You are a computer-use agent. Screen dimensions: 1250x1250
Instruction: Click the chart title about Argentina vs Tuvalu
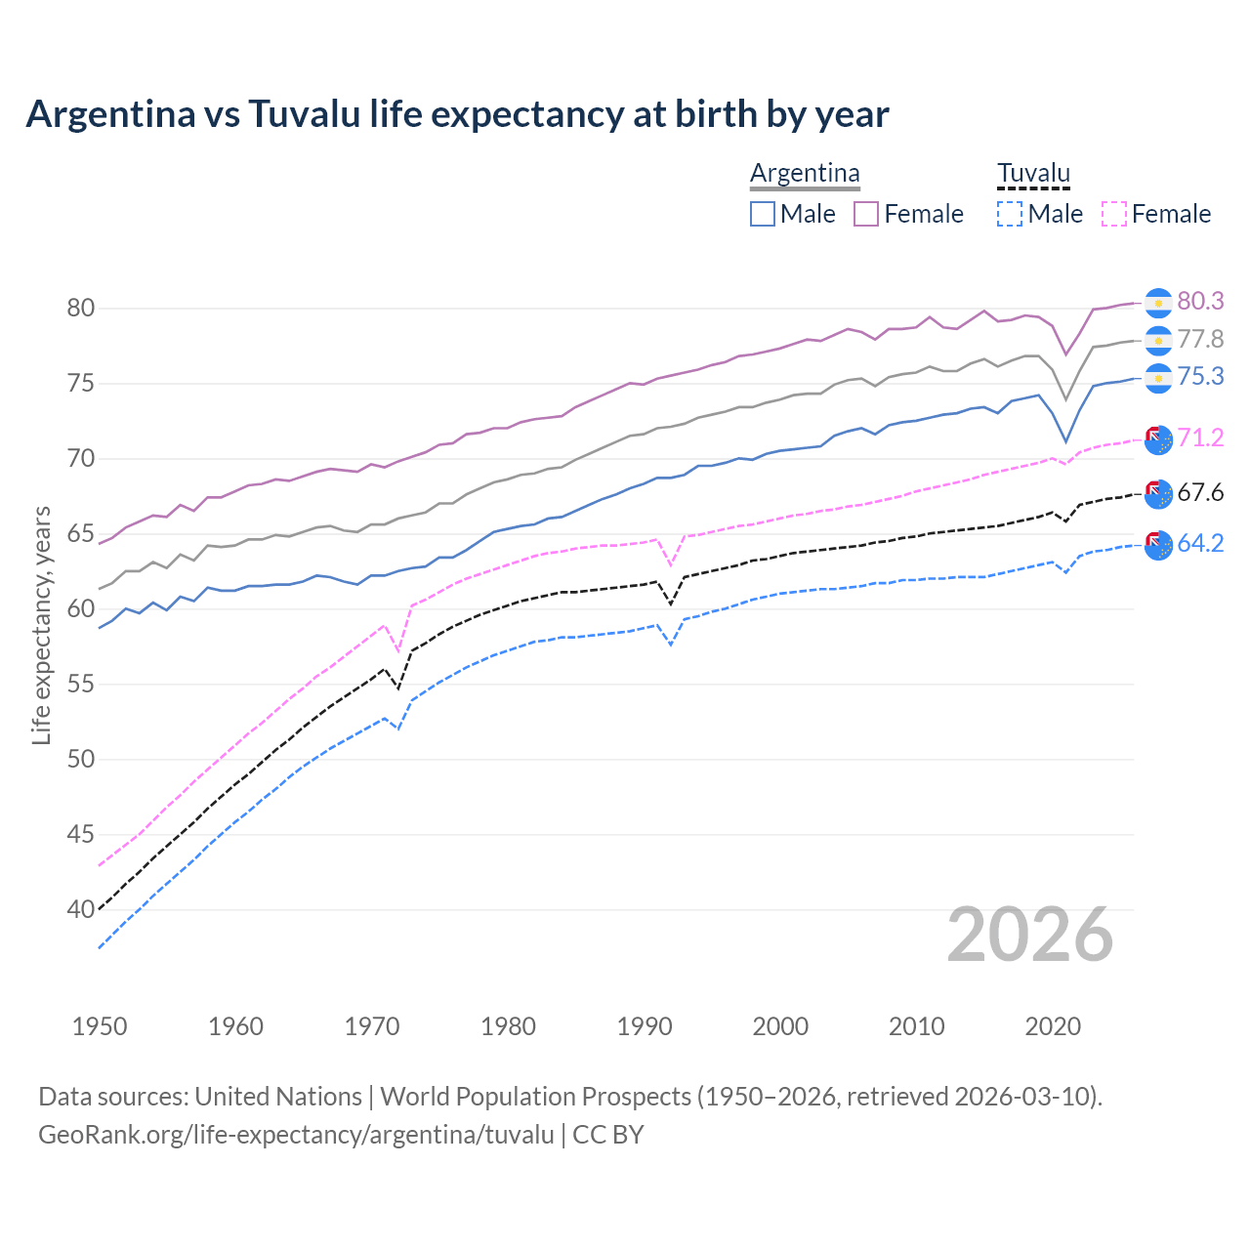click(x=457, y=114)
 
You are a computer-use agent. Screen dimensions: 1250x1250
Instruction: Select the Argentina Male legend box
click(x=763, y=214)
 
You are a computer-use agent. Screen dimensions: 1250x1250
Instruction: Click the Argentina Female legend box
click(x=866, y=214)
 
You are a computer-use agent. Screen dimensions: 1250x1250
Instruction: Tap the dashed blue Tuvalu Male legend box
click(x=1010, y=214)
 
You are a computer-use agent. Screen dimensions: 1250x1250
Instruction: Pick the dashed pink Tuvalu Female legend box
click(x=1114, y=214)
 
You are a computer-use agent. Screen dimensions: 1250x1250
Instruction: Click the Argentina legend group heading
click(x=805, y=174)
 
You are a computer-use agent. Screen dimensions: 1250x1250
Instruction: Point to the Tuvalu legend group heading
click(x=1033, y=174)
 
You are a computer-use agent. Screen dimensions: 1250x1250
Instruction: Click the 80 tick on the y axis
click(x=80, y=309)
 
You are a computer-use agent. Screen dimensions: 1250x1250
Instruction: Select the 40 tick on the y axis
click(x=80, y=910)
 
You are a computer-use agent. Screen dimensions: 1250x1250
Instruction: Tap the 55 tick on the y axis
click(x=80, y=685)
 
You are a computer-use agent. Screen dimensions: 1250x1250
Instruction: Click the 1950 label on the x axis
click(x=100, y=1026)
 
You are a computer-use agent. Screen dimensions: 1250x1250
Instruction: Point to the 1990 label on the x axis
click(x=645, y=1026)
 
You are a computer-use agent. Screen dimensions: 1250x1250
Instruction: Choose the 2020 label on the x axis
click(x=1053, y=1026)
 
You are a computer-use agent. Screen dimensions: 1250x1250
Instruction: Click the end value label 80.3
click(x=1200, y=302)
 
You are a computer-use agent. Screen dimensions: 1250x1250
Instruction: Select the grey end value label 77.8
click(x=1200, y=340)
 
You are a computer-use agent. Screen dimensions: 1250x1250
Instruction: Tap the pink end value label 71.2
click(x=1200, y=438)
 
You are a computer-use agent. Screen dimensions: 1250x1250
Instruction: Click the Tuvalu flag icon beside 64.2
click(x=1158, y=546)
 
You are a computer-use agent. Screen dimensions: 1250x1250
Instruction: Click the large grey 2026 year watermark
click(x=1029, y=936)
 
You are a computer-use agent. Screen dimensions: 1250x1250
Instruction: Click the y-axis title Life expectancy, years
click(x=41, y=625)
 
